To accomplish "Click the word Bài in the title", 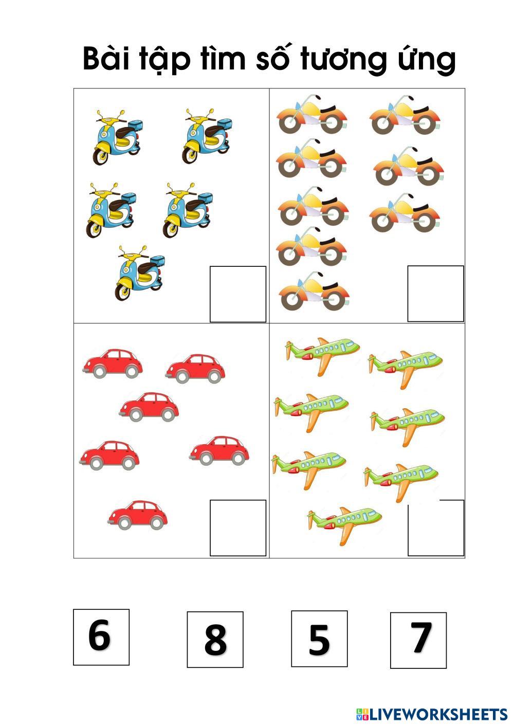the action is click(106, 59).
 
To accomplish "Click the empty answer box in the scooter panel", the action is click(238, 294).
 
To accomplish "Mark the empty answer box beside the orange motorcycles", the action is click(435, 294).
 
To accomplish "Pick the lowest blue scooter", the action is click(140, 273).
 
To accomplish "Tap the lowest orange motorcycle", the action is click(314, 291).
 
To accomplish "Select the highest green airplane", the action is click(322, 356).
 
